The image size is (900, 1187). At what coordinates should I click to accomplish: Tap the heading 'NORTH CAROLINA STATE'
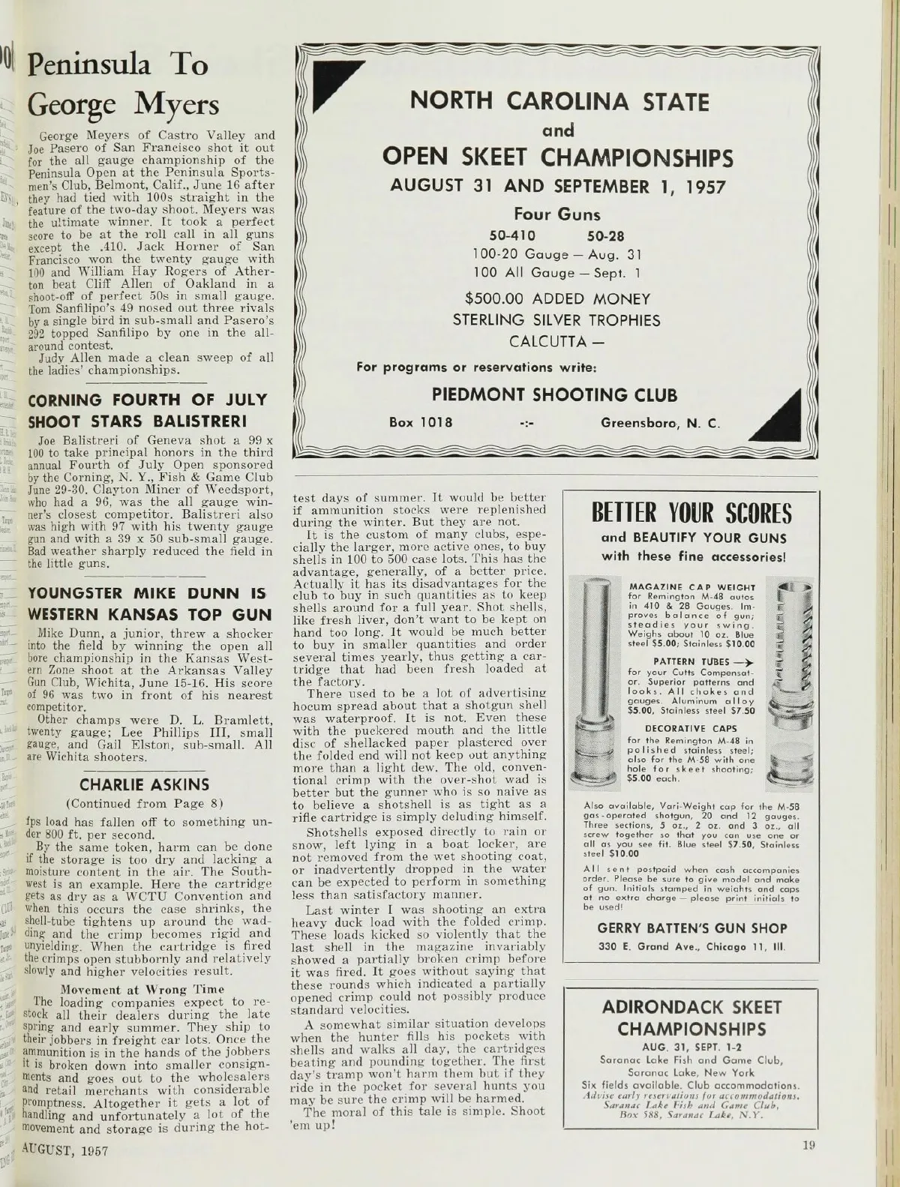(x=557, y=101)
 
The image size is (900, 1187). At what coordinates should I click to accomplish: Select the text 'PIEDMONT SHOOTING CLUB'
(x=556, y=394)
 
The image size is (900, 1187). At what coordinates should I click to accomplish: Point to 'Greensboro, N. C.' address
(x=660, y=424)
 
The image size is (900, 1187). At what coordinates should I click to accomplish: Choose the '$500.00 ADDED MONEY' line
(x=556, y=298)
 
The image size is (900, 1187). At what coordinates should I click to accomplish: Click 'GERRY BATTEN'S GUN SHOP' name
(x=691, y=928)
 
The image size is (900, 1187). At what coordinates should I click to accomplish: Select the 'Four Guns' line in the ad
(x=556, y=214)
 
